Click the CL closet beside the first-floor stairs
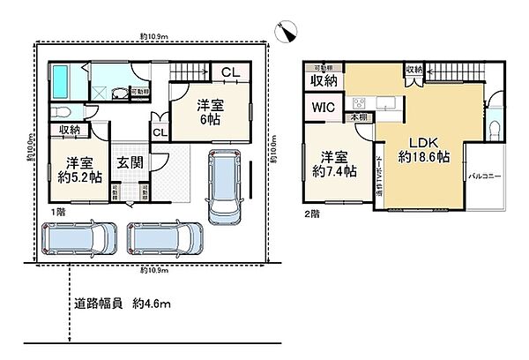[x=227, y=72]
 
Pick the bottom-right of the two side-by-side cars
[x=164, y=237]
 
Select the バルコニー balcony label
[x=485, y=176]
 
